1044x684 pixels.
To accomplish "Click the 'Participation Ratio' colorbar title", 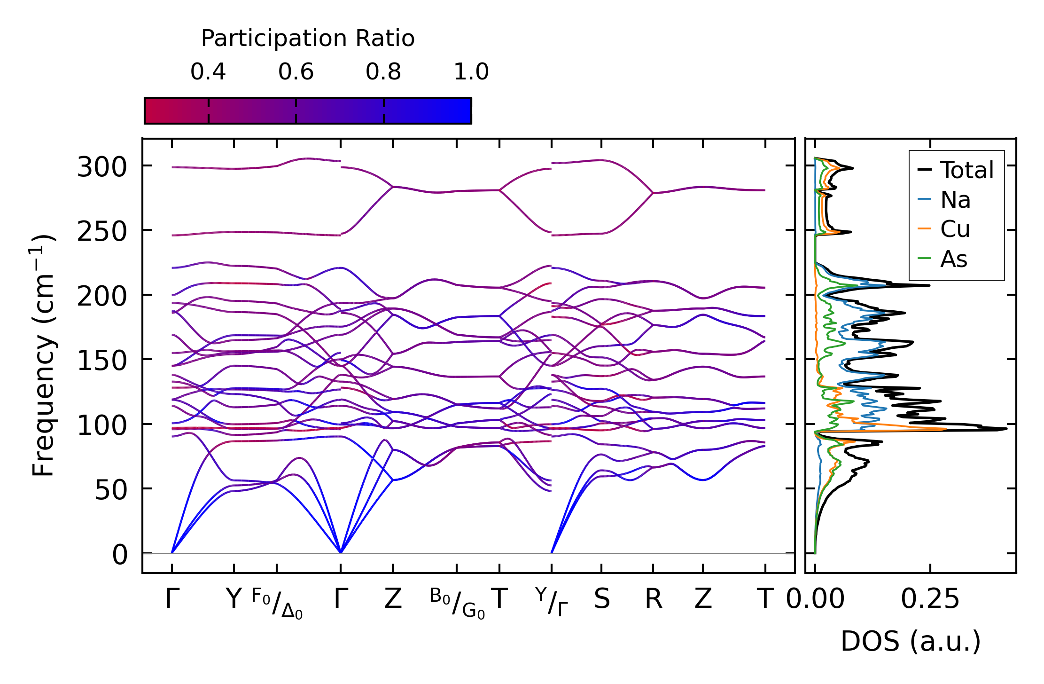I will pyautogui.click(x=308, y=39).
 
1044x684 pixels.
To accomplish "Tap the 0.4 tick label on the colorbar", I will pyautogui.click(x=208, y=72).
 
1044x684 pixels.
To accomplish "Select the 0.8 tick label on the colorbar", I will pyautogui.click(x=383, y=72).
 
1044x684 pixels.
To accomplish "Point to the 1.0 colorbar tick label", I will pyautogui.click(x=471, y=72).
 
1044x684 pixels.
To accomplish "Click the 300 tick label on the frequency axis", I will pyautogui.click(x=102, y=167).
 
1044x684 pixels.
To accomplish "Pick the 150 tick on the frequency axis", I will pyautogui.click(x=102, y=361).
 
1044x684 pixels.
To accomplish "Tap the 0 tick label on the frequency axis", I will pyautogui.click(x=120, y=555).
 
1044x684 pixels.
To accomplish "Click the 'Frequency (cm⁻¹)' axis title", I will pyautogui.click(x=43, y=355).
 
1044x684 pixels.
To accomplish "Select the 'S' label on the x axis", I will pyautogui.click(x=602, y=599).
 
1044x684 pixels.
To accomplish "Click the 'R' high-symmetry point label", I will pyautogui.click(x=653, y=599).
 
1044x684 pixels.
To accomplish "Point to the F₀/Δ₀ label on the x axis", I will pyautogui.click(x=277, y=603).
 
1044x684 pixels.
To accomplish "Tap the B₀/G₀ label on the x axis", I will pyautogui.click(x=457, y=603).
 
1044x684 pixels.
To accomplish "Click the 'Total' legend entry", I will pyautogui.click(x=966, y=170).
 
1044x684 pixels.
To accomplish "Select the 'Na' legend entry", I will pyautogui.click(x=955, y=200).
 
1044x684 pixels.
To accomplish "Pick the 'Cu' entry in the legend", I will pyautogui.click(x=955, y=229).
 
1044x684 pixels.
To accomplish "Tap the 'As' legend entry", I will pyautogui.click(x=954, y=259).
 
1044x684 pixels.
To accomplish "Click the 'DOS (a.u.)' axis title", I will pyautogui.click(x=911, y=641).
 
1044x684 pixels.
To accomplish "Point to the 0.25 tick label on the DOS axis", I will pyautogui.click(x=930, y=599).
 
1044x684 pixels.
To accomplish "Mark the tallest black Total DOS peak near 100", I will pyautogui.click(x=1006, y=429).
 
